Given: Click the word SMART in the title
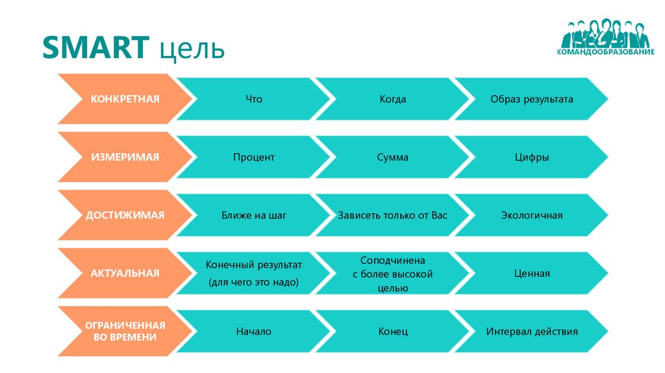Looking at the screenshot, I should pyautogui.click(x=94, y=49).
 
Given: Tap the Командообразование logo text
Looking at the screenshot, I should pyautogui.click(x=605, y=51).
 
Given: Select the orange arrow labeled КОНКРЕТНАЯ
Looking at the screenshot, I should pyautogui.click(x=125, y=99).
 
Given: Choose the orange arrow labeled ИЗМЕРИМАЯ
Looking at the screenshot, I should pyautogui.click(x=125, y=157).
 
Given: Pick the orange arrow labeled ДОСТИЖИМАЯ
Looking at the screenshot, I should pyautogui.click(x=125, y=215).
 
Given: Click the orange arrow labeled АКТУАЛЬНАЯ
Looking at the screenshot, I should pyautogui.click(x=125, y=273).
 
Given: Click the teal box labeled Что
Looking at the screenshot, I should pyautogui.click(x=254, y=99).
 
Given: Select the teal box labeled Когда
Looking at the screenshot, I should pyautogui.click(x=393, y=99).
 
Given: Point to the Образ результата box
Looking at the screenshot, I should pyautogui.click(x=532, y=99).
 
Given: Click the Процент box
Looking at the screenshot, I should pyautogui.click(x=254, y=157).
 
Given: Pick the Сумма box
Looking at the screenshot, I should pyautogui.click(x=393, y=157).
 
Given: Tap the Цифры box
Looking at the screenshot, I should pyautogui.click(x=532, y=157).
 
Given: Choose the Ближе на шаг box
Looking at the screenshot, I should pyautogui.click(x=254, y=215).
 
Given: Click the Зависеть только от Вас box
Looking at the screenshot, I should pyautogui.click(x=393, y=215).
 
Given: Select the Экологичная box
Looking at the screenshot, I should pyautogui.click(x=532, y=215).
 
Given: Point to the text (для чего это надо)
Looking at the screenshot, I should pyautogui.click(x=254, y=283).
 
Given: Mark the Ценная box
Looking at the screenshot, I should pyautogui.click(x=532, y=273).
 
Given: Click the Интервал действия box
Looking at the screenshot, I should pyautogui.click(x=532, y=331).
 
